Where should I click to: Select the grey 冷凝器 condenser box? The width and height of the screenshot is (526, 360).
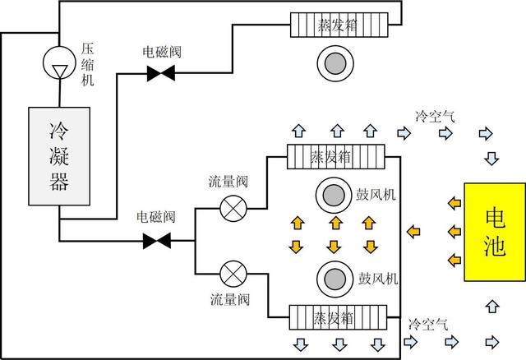point(59,155)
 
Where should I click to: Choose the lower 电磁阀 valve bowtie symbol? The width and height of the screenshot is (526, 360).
point(156,241)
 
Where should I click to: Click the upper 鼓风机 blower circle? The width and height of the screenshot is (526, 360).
point(334,196)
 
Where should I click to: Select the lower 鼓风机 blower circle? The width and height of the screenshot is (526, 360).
point(334,278)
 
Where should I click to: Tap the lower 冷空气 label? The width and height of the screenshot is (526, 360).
point(427,324)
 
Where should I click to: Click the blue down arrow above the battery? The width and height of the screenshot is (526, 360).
point(491,157)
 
